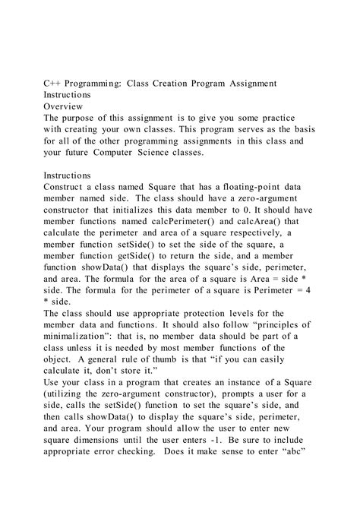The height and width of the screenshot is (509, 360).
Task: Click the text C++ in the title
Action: [x=52, y=84]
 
